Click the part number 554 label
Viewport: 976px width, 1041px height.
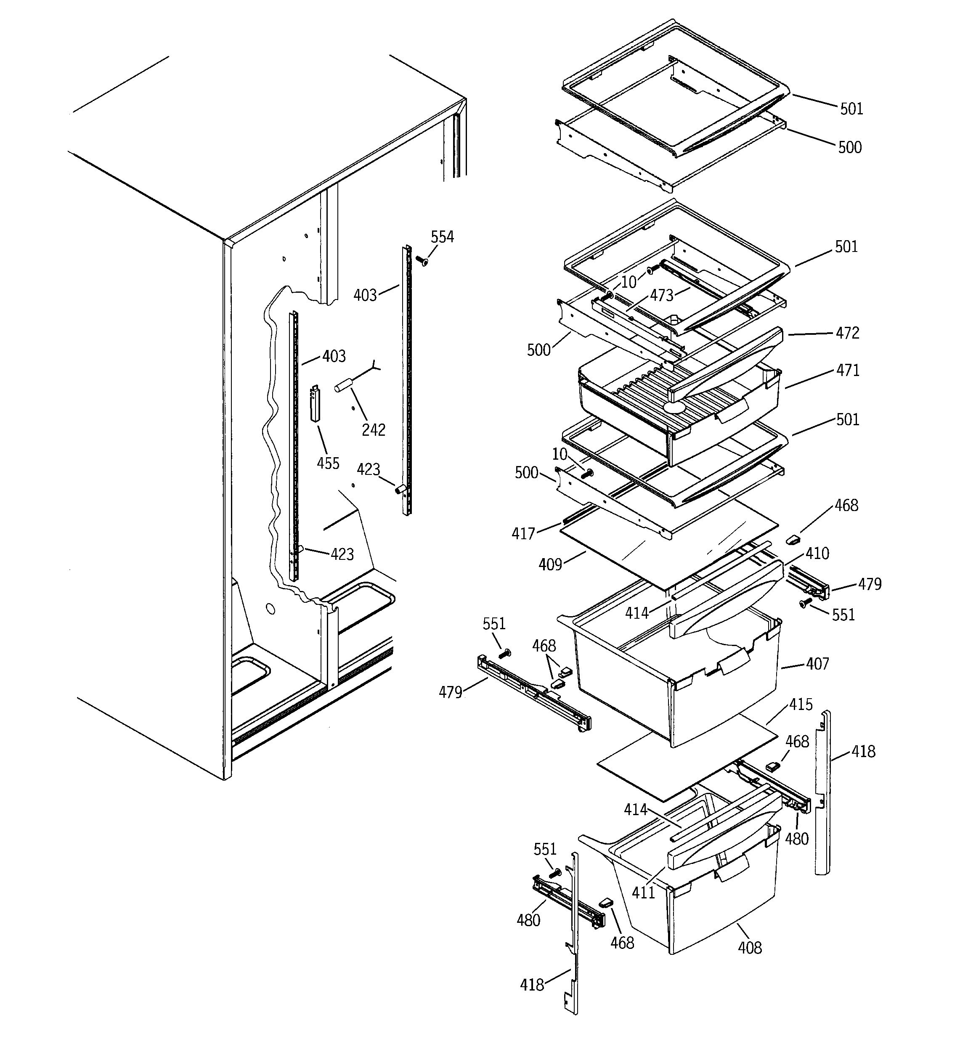442,237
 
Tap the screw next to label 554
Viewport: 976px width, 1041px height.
422,260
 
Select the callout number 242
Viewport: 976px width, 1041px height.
374,430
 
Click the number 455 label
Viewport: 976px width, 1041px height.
328,464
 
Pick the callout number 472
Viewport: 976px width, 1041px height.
848,333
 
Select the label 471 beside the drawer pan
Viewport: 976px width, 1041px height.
848,371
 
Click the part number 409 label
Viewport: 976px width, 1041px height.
550,564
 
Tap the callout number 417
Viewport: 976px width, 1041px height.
523,534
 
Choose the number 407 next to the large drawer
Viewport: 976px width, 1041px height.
817,664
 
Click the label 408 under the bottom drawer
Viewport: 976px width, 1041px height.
750,947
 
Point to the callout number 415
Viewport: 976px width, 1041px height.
801,705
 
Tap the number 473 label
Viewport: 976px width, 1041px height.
661,296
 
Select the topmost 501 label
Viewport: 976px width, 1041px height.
851,109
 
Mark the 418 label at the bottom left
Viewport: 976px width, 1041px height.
532,985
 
